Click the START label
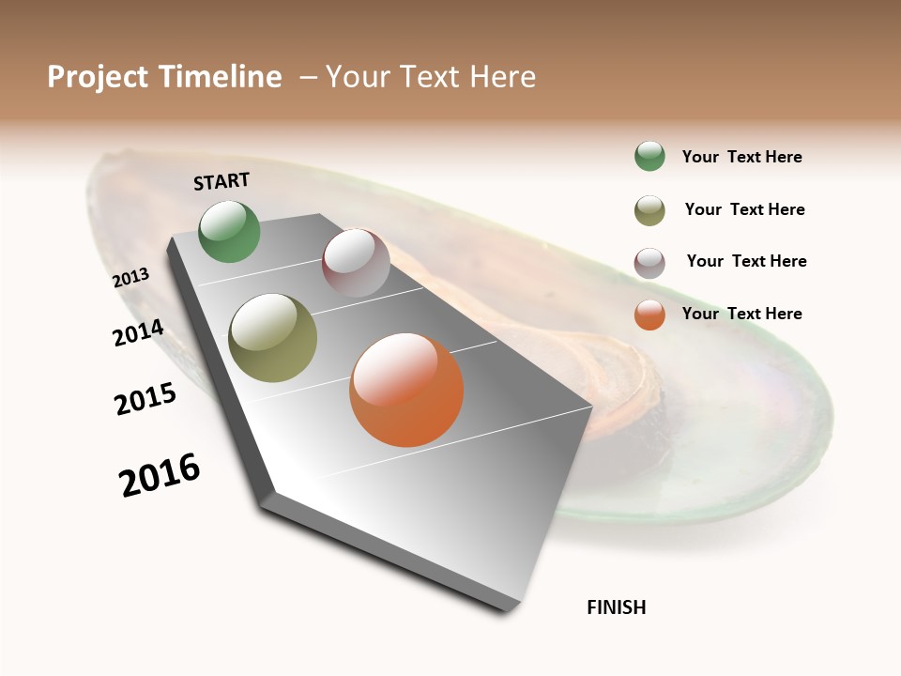pyautogui.click(x=221, y=181)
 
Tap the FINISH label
pyautogui.click(x=616, y=607)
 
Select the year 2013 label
pyautogui.click(x=130, y=278)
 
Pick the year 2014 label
pyautogui.click(x=138, y=333)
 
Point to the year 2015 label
pyautogui.click(x=145, y=399)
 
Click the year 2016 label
pyautogui.click(x=160, y=475)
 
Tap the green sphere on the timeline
pyautogui.click(x=229, y=231)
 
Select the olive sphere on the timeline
pyautogui.click(x=272, y=338)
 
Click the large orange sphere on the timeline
pyautogui.click(x=405, y=390)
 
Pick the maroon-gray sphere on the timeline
pyautogui.click(x=356, y=263)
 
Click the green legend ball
pyautogui.click(x=649, y=157)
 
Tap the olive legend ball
pyautogui.click(x=649, y=210)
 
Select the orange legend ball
pyautogui.click(x=649, y=315)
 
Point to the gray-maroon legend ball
pyautogui.click(x=649, y=263)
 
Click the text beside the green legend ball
pyautogui.click(x=741, y=158)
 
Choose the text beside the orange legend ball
pyautogui.click(x=741, y=314)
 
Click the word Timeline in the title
pyautogui.click(x=220, y=77)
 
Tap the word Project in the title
pyautogui.click(x=97, y=78)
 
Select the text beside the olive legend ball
pyautogui.click(x=744, y=209)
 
